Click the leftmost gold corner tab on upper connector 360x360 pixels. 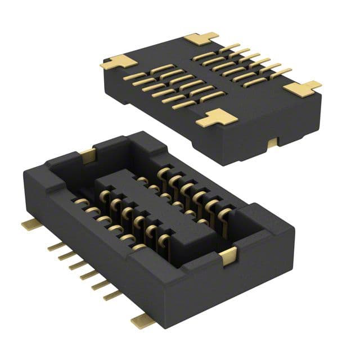click(112, 62)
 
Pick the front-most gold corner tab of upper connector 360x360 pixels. click(217, 118)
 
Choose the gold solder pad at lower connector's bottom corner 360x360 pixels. click(142, 321)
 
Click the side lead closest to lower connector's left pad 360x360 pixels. click(55, 246)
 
